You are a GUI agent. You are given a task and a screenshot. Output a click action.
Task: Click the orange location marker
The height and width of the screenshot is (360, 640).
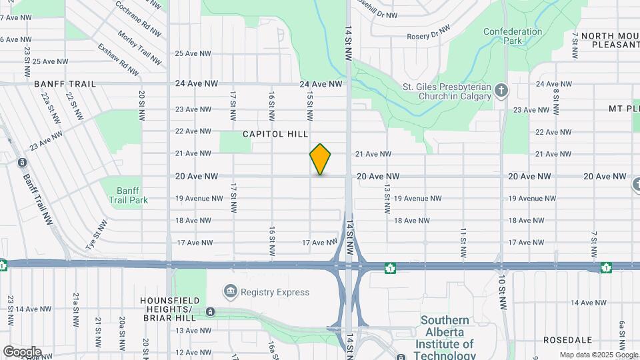click(x=321, y=159)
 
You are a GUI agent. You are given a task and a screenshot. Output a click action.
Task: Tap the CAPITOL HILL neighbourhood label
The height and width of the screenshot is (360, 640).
click(x=275, y=134)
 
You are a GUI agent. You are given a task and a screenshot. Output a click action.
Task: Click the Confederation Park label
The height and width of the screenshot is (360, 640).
click(x=513, y=36)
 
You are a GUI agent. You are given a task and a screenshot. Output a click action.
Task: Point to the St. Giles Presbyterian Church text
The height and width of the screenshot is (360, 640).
click(x=447, y=91)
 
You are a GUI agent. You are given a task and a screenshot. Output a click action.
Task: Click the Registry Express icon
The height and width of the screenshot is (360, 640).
click(x=231, y=291)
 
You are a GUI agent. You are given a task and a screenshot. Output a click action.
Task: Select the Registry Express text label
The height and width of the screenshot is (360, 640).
click(x=275, y=292)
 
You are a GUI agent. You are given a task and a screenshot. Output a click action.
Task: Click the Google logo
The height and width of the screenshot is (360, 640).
click(x=22, y=351)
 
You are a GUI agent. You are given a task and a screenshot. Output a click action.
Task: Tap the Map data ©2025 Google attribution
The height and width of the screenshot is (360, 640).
click(x=599, y=355)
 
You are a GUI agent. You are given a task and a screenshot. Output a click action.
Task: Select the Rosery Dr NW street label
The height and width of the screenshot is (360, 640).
click(x=429, y=32)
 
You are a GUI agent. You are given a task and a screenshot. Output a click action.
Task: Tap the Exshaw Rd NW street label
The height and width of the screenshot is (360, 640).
click(x=118, y=59)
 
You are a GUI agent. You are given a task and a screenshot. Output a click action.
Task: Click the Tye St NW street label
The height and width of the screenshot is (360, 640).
click(x=96, y=235)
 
